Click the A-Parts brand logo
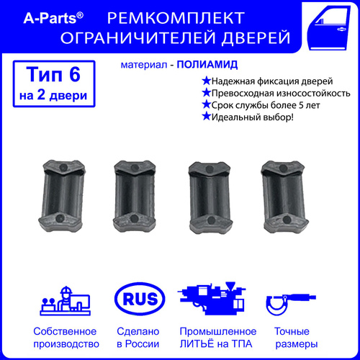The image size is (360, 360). click(53, 18)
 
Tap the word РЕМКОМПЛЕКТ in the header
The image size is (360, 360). click(176, 18)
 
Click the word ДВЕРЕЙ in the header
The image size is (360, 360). click(256, 38)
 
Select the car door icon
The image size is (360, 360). click(329, 28)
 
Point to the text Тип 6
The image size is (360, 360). click(53, 74)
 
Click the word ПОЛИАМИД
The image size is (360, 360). click(207, 65)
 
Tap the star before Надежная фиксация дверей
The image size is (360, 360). click(206, 81)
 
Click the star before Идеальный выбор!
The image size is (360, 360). click(206, 117)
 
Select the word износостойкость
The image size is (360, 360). click(312, 93)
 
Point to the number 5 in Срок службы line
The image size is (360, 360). click(301, 105)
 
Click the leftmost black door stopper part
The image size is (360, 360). click(62, 196)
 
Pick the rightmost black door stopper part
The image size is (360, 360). click(285, 197)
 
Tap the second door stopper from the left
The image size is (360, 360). click(135, 197)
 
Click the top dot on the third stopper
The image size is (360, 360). click(210, 168)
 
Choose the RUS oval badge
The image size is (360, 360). click(140, 299)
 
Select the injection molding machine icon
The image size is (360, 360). click(212, 298)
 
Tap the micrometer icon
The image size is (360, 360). click(291, 305)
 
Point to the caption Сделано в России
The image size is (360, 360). click(138, 338)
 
